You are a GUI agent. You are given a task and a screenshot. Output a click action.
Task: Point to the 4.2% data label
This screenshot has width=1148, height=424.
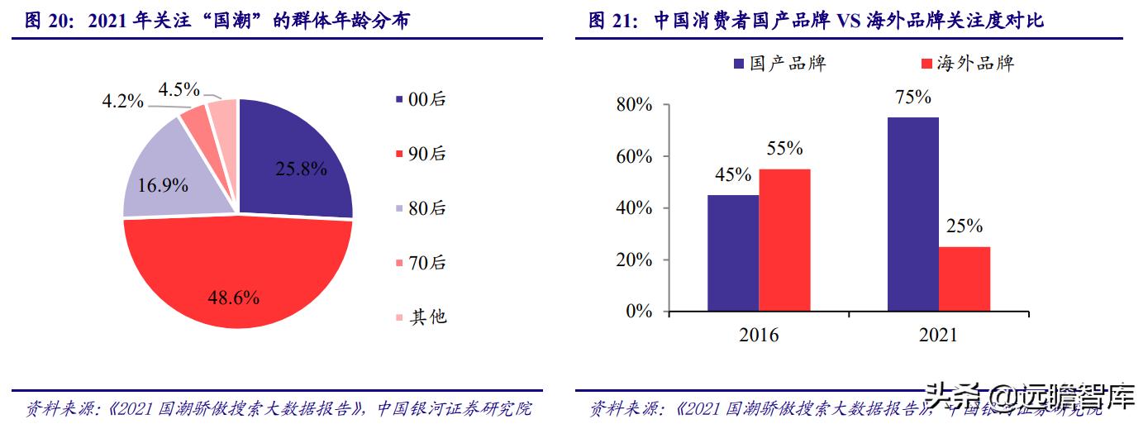point(122,102)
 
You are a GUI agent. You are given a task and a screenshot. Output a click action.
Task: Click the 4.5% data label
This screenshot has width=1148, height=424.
point(179,88)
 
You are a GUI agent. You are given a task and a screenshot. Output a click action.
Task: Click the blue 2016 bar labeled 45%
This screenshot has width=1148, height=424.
point(733,253)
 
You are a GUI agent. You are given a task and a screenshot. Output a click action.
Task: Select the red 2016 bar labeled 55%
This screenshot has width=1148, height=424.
point(784,240)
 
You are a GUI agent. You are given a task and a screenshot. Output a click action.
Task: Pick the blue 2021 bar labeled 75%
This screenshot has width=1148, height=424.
point(913,214)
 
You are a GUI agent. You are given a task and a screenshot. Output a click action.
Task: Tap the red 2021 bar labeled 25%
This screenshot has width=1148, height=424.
point(964,279)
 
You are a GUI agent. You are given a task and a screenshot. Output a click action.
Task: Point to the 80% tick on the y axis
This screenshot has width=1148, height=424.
point(634,105)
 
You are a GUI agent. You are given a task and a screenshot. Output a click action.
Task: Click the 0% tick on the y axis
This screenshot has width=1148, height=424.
point(639,312)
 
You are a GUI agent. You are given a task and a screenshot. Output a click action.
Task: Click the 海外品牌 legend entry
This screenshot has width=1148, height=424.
point(966,64)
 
